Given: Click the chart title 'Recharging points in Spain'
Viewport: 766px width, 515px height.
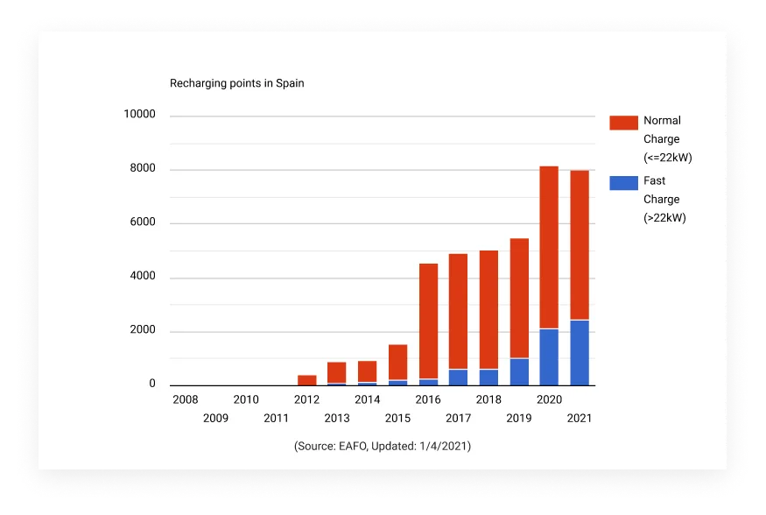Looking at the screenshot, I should click(236, 84).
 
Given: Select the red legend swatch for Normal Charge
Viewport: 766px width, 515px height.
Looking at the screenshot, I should click(623, 122).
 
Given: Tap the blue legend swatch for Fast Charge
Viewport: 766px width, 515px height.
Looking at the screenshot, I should click(623, 182).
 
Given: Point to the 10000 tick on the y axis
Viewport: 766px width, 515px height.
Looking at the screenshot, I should click(139, 115).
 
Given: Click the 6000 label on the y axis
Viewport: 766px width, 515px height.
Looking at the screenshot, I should click(142, 222).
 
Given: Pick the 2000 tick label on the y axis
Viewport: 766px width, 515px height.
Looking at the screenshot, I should click(142, 331).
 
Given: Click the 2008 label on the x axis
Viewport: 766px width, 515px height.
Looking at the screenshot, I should click(186, 399).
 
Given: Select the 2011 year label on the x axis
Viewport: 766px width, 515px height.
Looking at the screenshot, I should click(276, 419).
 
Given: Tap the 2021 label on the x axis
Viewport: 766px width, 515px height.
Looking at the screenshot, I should click(579, 419).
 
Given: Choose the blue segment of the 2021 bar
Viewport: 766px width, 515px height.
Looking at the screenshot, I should click(579, 353).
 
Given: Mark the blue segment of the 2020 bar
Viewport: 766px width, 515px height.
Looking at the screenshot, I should click(549, 357).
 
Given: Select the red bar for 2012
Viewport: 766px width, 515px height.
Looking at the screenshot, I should click(306, 380).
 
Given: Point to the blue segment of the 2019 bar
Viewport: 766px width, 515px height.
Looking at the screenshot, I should click(518, 371).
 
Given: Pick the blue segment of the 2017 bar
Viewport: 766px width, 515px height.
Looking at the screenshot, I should click(458, 377).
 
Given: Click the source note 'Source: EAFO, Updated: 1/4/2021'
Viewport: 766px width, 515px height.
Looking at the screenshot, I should click(383, 447).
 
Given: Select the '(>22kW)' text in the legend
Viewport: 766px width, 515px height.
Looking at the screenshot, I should click(664, 217).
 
